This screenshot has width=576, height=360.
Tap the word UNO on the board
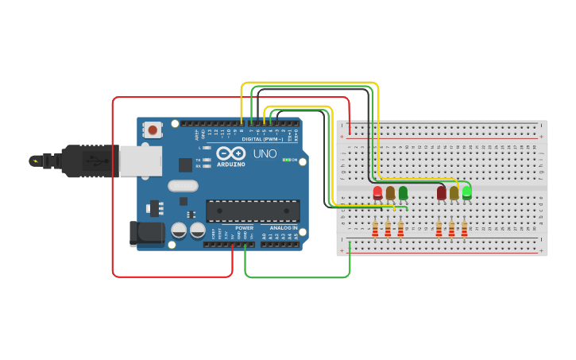tap(265, 153)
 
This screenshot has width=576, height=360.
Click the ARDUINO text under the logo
tap(230, 165)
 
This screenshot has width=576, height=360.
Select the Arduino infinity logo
tap(230, 153)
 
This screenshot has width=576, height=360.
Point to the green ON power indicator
tap(287, 160)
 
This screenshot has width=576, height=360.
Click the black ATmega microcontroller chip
tap(253, 211)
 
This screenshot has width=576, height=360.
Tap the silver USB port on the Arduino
tap(141, 161)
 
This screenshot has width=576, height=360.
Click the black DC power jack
tap(146, 232)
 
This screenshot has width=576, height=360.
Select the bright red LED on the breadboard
tap(377, 192)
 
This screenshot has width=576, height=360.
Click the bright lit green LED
tap(466, 192)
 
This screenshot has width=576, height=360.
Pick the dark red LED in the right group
tap(442, 192)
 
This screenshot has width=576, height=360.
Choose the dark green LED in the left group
tap(403, 192)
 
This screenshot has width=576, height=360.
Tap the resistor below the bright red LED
tap(375, 229)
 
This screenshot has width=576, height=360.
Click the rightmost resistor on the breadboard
tap(464, 229)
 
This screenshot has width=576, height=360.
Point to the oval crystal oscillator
tap(182, 186)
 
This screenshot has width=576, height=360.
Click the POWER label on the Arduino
tap(244, 228)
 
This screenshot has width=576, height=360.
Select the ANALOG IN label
tap(283, 228)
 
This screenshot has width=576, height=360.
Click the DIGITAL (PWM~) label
tap(262, 139)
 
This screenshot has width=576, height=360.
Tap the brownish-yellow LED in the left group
tap(390, 192)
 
